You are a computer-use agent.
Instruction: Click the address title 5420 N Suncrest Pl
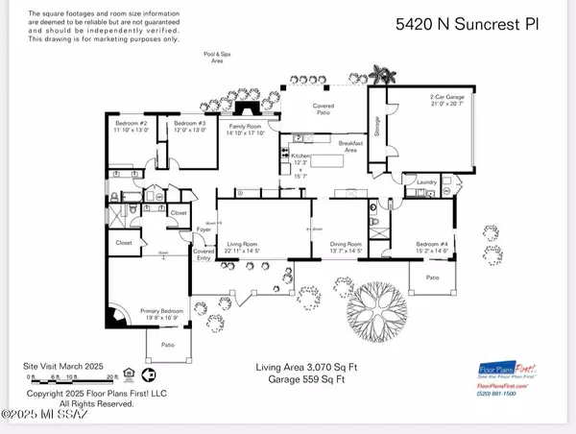466,24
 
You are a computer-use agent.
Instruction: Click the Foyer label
204,230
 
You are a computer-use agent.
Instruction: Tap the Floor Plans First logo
506,371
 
